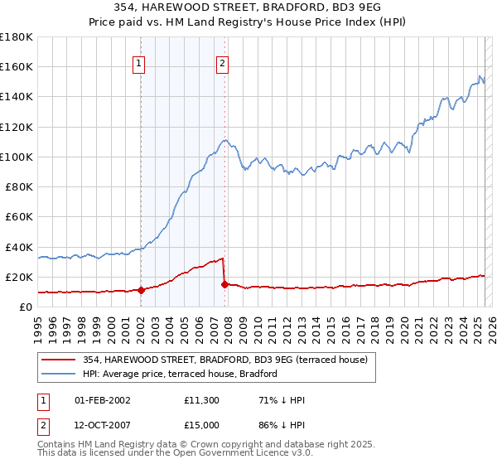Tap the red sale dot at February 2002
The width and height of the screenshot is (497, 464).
point(141,290)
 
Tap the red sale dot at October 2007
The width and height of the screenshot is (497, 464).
point(224,284)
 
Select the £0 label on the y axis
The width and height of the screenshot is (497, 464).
point(26,307)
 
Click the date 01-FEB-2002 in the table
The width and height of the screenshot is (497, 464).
point(103,400)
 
